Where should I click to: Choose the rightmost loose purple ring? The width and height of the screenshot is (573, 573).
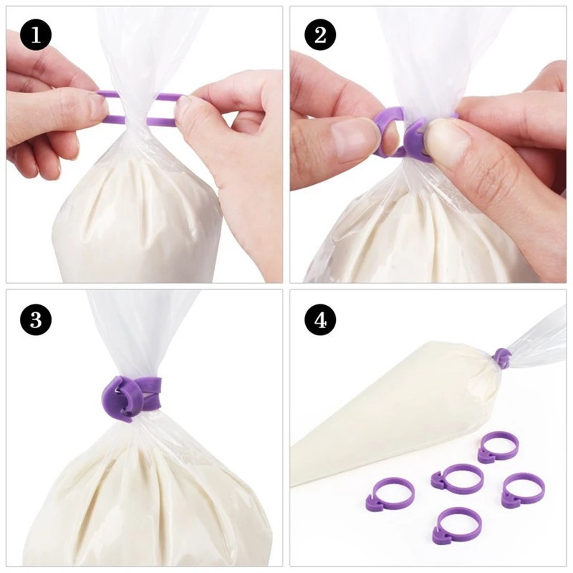[522, 490]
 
